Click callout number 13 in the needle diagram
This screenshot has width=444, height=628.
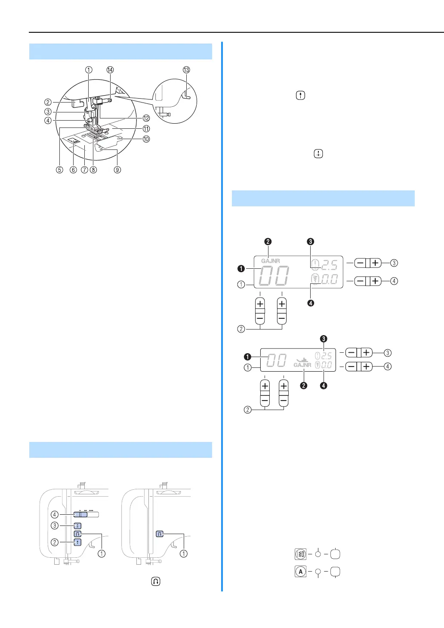(x=186, y=70)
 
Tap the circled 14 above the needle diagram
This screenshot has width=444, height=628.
(x=110, y=70)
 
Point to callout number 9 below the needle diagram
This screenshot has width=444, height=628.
(x=117, y=170)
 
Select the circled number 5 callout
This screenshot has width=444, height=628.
(x=59, y=170)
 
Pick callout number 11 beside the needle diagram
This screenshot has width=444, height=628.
(x=146, y=129)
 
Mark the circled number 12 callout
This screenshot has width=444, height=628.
(x=146, y=118)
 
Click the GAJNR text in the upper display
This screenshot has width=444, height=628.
(x=270, y=261)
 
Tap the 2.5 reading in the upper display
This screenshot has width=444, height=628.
(x=330, y=265)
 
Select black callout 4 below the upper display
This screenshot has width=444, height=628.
(x=311, y=303)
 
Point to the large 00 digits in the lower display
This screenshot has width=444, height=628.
(x=276, y=360)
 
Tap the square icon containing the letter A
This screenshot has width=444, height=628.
(x=300, y=572)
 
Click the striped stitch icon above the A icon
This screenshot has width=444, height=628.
(x=300, y=554)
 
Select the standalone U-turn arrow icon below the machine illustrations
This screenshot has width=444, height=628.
(x=155, y=581)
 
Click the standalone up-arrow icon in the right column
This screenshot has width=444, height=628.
(x=300, y=96)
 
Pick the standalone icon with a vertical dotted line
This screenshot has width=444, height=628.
(x=318, y=154)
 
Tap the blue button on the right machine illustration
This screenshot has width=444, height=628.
(x=160, y=534)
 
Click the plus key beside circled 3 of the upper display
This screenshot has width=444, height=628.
(x=376, y=263)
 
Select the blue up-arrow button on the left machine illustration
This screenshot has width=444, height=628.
(x=77, y=542)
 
